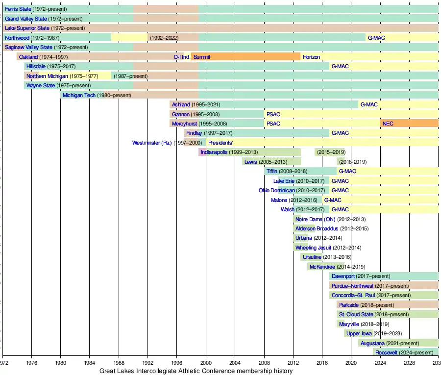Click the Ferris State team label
click(x=18, y=9)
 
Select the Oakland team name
click(x=28, y=57)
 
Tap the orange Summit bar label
click(x=202, y=57)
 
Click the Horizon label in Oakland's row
click(x=311, y=57)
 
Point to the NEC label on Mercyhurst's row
click(x=388, y=124)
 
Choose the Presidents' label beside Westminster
click(x=220, y=143)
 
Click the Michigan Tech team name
click(x=79, y=95)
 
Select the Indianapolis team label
click(x=214, y=152)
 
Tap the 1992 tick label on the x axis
click(x=147, y=363)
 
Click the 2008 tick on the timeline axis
click(x=264, y=363)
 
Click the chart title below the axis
click(x=196, y=371)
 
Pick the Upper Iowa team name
click(x=360, y=333)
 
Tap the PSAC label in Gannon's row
click(x=273, y=114)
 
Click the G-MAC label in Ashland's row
click(x=369, y=104)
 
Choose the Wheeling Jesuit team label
click(x=313, y=248)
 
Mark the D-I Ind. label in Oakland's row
click(x=182, y=57)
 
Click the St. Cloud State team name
click(x=356, y=314)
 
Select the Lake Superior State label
click(x=27, y=28)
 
